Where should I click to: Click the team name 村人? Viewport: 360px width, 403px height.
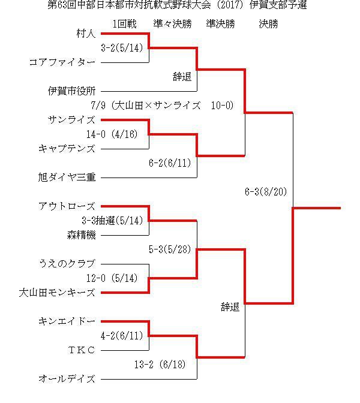click(x=86, y=34)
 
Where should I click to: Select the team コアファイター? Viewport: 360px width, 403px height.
click(x=62, y=62)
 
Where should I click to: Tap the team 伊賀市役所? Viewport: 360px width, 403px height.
click(x=72, y=91)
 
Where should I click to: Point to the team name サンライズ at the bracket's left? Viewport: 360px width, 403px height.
click(x=72, y=120)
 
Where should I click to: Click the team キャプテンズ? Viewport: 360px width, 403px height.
click(x=67, y=149)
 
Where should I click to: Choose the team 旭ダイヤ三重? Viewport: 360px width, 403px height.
click(x=67, y=178)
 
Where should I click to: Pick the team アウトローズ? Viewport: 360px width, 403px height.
click(x=67, y=206)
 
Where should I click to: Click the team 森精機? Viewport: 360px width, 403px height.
click(x=81, y=235)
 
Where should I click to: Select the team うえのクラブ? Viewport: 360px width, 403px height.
click(x=67, y=264)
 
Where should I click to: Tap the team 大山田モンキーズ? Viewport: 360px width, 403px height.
click(x=58, y=293)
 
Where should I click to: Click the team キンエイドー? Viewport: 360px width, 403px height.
click(x=67, y=321)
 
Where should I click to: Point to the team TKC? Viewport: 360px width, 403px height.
click(x=82, y=350)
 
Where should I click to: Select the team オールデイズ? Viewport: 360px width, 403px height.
click(x=67, y=379)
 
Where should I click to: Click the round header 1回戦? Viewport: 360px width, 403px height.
click(x=124, y=24)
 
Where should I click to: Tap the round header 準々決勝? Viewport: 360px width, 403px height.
click(x=173, y=24)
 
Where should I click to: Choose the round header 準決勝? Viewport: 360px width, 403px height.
click(x=220, y=24)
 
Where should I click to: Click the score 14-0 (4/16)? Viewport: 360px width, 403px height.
click(x=112, y=134)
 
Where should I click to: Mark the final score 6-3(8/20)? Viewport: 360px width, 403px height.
click(x=266, y=192)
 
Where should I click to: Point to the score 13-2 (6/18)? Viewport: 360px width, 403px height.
click(x=160, y=365)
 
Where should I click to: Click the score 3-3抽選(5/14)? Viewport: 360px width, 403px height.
click(x=112, y=221)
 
